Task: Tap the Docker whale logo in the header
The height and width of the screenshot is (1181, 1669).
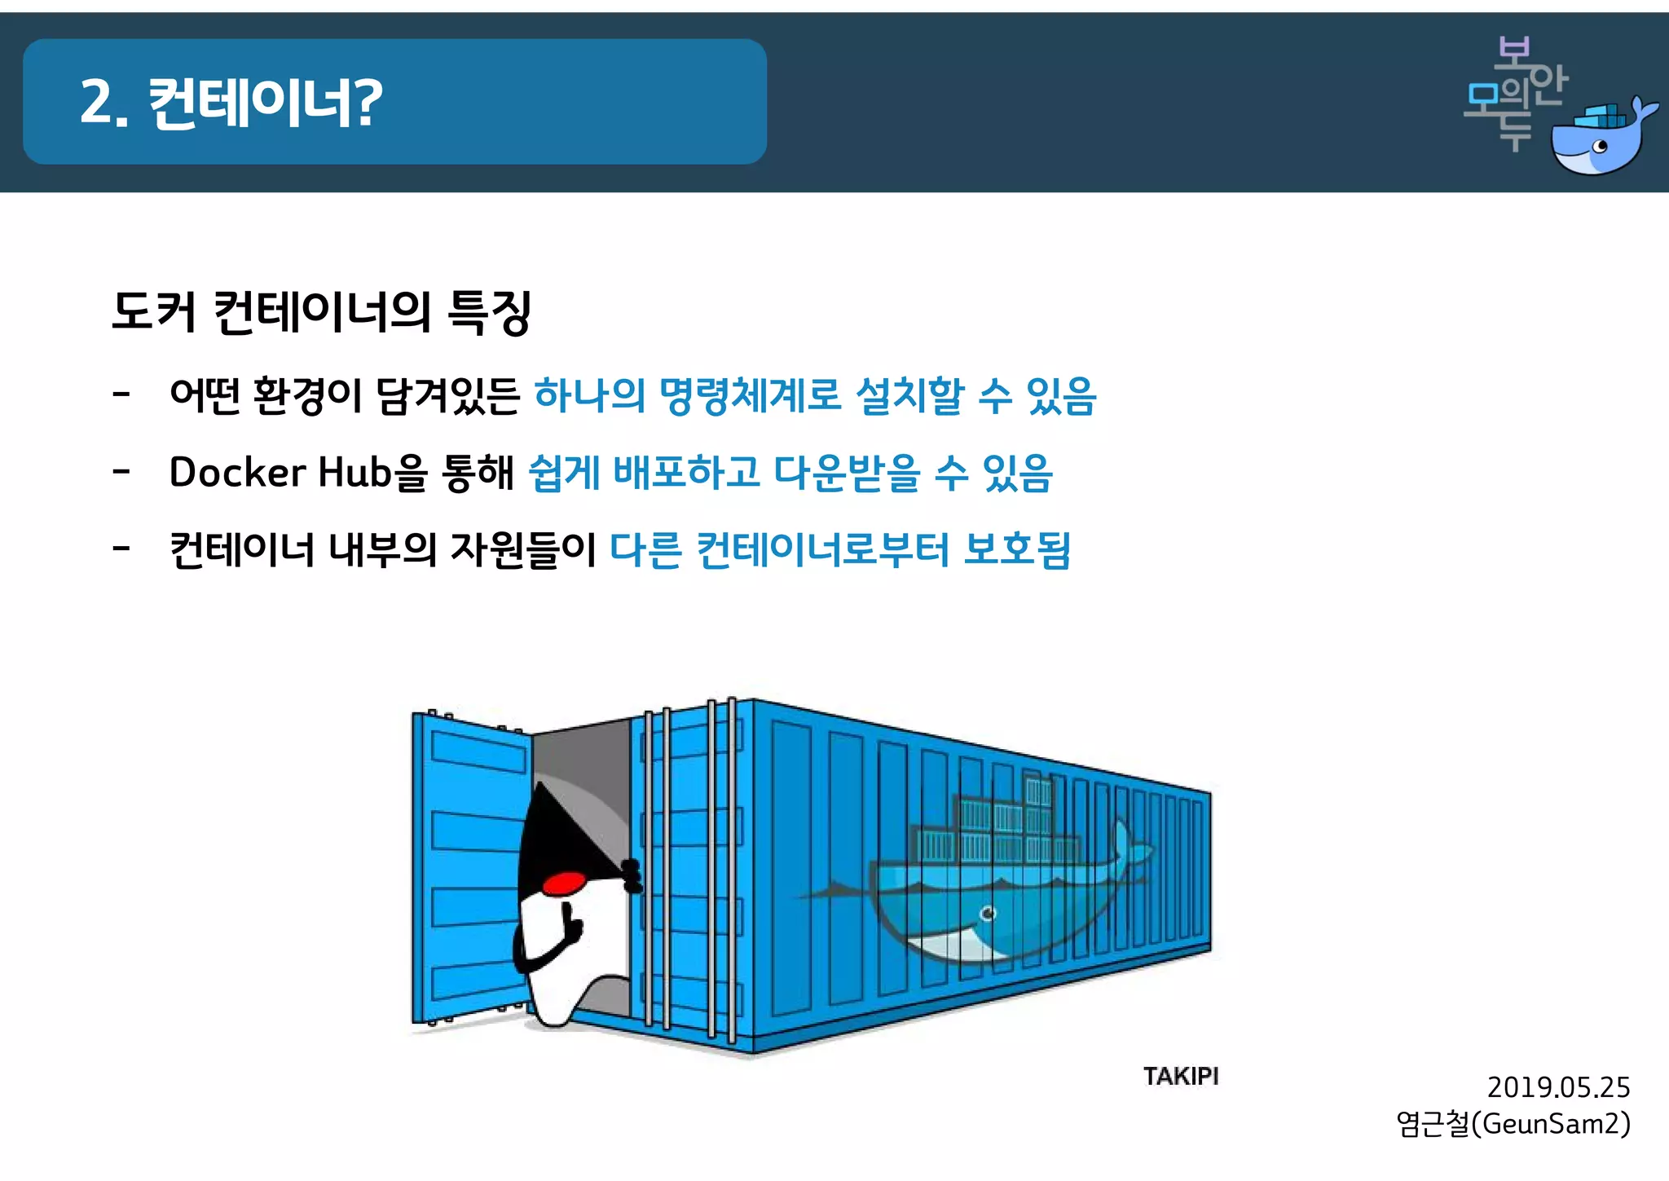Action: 1601,139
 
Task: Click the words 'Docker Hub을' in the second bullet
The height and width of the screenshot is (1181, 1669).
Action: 297,473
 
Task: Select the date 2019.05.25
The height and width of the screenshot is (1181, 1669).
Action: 1557,1087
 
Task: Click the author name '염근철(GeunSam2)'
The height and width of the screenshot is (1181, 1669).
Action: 1513,1124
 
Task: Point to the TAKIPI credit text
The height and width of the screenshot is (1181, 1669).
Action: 1180,1076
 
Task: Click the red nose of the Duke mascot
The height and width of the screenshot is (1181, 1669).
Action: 564,883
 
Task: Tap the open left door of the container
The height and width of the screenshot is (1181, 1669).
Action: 469,868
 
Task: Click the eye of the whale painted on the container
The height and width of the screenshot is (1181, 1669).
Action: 989,913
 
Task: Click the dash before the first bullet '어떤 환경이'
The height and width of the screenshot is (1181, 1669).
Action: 121,396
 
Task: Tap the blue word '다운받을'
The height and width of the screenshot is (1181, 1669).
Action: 847,473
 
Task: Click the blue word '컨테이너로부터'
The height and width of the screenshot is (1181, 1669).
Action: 823,549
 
